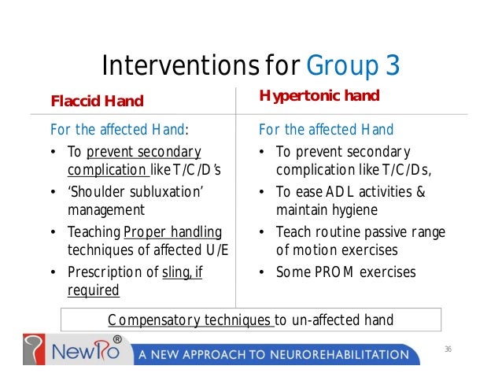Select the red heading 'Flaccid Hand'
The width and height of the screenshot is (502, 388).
(x=97, y=101)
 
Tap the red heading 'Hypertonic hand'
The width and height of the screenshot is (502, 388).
(x=319, y=96)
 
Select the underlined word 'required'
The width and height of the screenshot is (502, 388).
(x=93, y=290)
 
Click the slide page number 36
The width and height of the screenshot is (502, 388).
(x=448, y=349)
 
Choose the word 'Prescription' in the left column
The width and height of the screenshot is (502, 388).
(x=102, y=272)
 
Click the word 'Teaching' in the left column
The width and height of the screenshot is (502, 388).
(x=94, y=231)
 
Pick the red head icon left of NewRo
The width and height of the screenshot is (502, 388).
(x=35, y=351)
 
